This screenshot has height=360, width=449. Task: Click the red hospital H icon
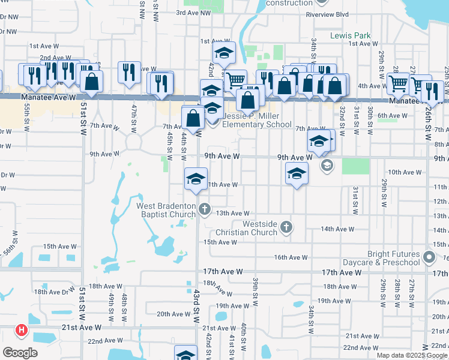22,330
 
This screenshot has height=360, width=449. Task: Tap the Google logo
20,352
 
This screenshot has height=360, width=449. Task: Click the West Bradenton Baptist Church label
166,210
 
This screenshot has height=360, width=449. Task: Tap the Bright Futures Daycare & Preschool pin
429,258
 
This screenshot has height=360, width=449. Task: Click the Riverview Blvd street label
327,14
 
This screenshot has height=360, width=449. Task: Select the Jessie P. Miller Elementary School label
257,121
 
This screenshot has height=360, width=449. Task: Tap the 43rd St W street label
196,305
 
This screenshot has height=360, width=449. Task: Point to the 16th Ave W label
291,257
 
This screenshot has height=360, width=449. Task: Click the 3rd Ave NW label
193,12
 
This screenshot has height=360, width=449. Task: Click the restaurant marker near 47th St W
129,73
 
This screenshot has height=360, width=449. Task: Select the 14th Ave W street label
337,229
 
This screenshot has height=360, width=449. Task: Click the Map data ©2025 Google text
411,355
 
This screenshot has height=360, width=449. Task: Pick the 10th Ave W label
405,172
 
